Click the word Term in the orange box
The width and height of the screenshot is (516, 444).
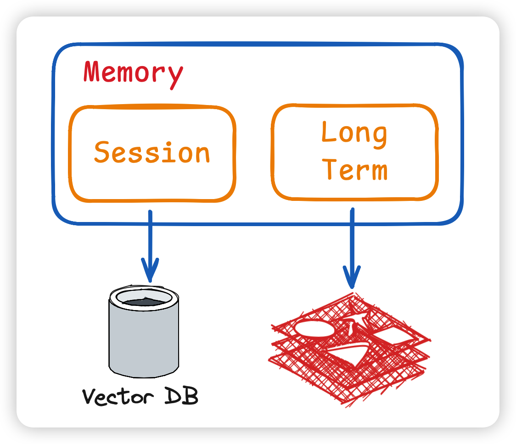pyautogui.click(x=354, y=169)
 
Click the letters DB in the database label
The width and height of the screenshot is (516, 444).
pyautogui.click(x=181, y=395)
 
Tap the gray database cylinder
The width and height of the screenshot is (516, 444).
pyautogui.click(x=144, y=332)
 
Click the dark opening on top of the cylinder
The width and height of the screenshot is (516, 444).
pyautogui.click(x=144, y=301)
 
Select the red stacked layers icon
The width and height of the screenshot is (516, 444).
pyautogui.click(x=349, y=349)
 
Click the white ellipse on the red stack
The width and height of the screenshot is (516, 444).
pyautogui.click(x=314, y=328)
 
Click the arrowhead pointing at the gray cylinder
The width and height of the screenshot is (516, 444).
pyautogui.click(x=150, y=270)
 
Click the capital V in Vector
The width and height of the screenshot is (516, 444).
pyautogui.click(x=90, y=396)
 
